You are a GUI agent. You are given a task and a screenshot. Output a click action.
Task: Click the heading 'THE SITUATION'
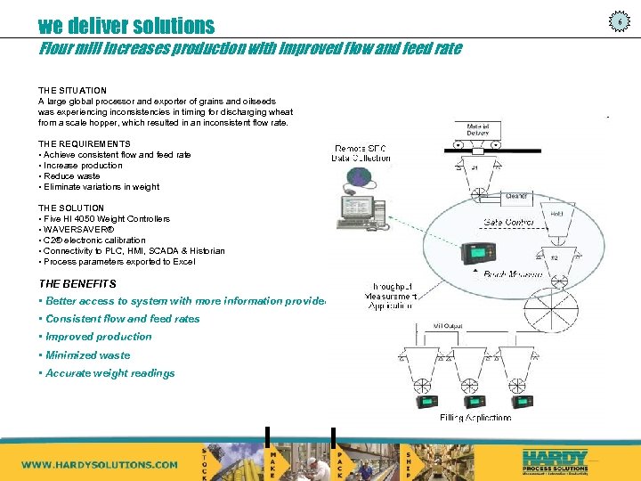(72, 91)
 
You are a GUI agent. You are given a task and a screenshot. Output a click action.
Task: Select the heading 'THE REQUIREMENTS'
(84, 144)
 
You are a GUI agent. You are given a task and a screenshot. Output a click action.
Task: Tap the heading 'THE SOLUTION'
(71, 208)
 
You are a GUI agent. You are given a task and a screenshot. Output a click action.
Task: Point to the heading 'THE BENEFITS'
(77, 284)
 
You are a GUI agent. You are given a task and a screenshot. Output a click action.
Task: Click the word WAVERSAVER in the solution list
(84, 230)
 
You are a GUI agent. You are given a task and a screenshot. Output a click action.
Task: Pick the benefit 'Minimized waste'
(87, 355)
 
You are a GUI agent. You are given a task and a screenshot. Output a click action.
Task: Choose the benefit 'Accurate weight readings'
(110, 373)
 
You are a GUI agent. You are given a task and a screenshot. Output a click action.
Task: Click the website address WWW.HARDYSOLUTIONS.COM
(99, 464)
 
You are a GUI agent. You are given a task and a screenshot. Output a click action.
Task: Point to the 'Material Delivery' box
(477, 130)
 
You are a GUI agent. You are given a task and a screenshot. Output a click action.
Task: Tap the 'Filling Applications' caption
(475, 417)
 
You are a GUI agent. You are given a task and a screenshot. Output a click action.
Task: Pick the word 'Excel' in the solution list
(183, 262)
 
